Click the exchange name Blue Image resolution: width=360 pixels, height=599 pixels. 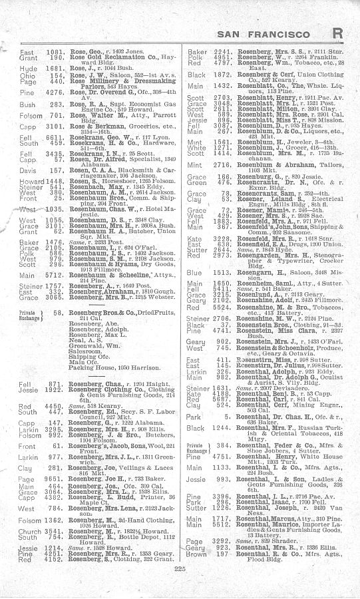[194, 272]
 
